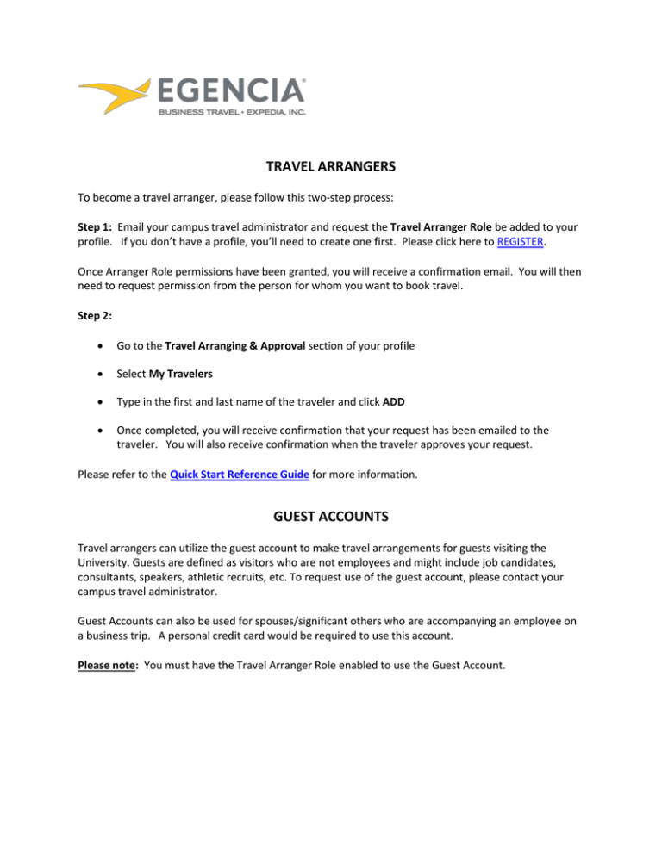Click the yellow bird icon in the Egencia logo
click(116, 96)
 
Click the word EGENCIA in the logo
click(231, 90)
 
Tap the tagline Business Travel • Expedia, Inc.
click(231, 112)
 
